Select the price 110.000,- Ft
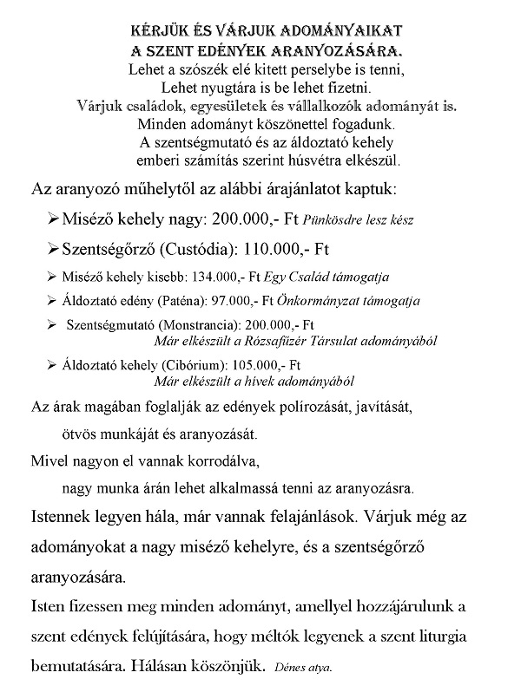[x=286, y=249]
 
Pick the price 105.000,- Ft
[x=260, y=366]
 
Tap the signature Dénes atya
[x=302, y=669]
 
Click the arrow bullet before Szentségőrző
[x=51, y=249]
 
